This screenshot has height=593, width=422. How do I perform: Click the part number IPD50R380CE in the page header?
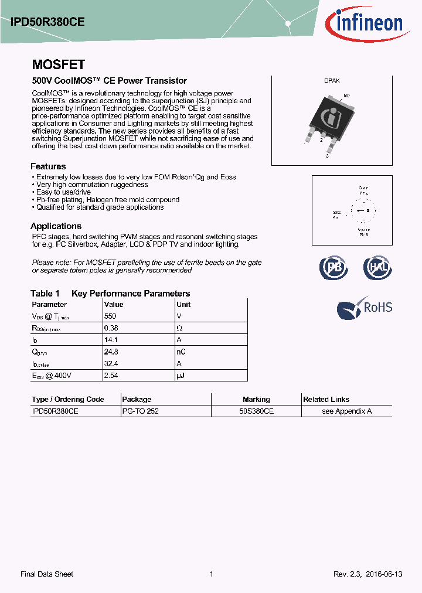[47, 22]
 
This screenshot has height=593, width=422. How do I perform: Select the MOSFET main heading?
[58, 64]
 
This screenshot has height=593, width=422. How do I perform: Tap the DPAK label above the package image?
[332, 81]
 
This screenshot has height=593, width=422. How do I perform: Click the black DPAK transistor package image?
[329, 117]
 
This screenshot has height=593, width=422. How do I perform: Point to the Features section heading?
[48, 166]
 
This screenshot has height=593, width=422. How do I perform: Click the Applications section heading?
[56, 226]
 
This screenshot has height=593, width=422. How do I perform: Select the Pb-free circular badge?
[333, 267]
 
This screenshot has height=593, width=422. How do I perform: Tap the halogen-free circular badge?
[376, 267]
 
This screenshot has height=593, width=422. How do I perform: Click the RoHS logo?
[365, 308]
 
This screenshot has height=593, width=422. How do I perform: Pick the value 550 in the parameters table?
[110, 316]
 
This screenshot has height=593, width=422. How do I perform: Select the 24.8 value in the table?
[110, 352]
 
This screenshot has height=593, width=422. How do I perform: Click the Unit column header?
[183, 304]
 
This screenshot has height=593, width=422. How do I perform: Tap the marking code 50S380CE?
[256, 411]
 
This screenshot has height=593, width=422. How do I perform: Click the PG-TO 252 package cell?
[140, 411]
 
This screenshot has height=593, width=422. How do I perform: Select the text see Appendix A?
[346, 411]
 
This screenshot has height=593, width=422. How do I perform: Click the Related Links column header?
[326, 399]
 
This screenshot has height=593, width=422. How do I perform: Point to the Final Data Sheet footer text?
[47, 574]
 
